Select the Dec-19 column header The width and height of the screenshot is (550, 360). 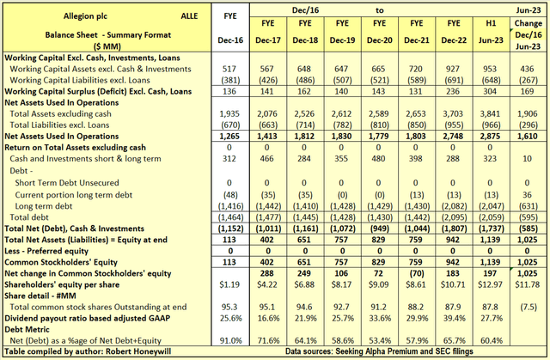(x=343, y=40)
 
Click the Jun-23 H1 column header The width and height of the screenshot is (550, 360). (x=488, y=40)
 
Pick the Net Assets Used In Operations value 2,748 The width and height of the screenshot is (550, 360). (x=452, y=136)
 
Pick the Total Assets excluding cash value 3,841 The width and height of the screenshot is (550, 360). (x=488, y=113)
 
